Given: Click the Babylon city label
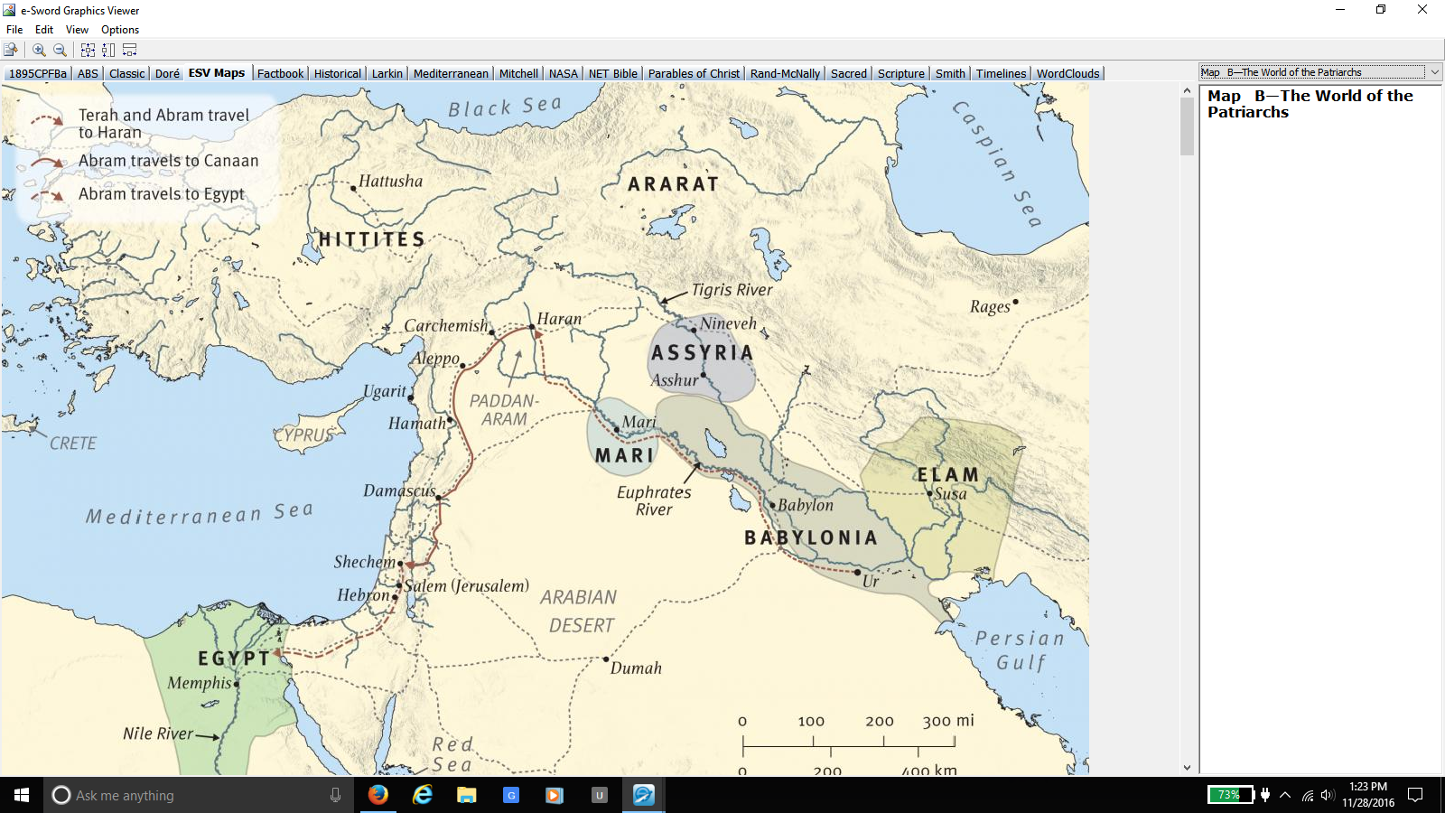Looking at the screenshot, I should [806, 505].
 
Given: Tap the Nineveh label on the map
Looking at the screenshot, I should [728, 323].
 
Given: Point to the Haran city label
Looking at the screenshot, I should [559, 319].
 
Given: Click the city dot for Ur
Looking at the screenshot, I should [857, 572].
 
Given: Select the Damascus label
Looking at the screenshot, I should [399, 491].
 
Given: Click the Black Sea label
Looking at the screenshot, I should [504, 107].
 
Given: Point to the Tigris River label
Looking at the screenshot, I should [732, 290].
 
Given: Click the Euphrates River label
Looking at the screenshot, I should [654, 500].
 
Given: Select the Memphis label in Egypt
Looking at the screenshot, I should [199, 683].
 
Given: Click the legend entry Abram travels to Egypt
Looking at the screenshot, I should [161, 194].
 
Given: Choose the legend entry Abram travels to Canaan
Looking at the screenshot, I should [168, 161].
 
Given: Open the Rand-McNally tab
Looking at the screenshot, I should [784, 73].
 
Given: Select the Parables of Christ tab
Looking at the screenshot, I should [693, 73].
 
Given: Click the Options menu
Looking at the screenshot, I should [120, 30].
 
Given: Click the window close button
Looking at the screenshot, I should [1422, 10].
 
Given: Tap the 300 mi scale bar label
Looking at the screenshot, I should [947, 721].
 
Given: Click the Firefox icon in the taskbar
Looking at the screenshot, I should [378, 795].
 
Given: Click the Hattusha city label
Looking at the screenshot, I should [390, 181].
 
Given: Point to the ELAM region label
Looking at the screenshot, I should [947, 474].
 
